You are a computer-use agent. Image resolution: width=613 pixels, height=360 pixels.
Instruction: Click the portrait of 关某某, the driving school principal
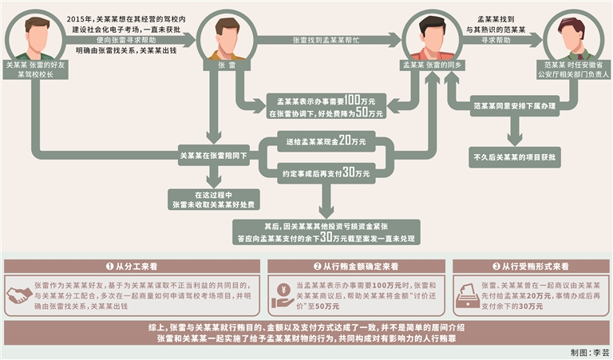pos(37,34)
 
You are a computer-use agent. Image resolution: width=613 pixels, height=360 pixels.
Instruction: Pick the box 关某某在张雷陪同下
pos(212,158)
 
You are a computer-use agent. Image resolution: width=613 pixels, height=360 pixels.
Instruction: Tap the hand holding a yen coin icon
pos(282,295)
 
